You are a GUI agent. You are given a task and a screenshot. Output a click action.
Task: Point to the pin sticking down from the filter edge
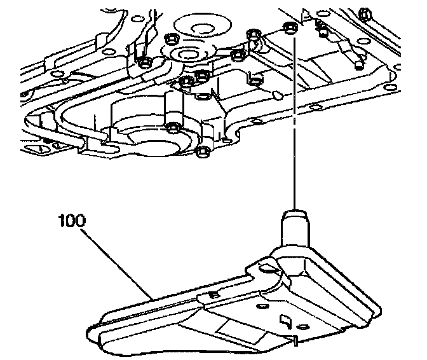click(x=295, y=342)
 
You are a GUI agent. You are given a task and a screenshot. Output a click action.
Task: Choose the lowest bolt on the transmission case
click(x=201, y=151)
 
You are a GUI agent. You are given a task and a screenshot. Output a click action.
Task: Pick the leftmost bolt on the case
click(x=144, y=62)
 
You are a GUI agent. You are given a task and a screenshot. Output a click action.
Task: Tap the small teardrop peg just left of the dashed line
click(x=277, y=94)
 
